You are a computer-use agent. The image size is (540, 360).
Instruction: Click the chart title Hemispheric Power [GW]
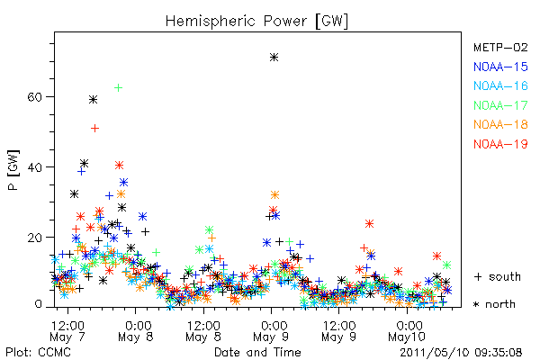[256, 21]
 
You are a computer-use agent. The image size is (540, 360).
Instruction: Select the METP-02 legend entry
[500, 47]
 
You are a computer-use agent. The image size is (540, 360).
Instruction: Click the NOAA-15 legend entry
[500, 67]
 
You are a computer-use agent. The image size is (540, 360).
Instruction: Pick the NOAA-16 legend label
[500, 85]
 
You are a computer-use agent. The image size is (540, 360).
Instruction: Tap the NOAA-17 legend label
[500, 105]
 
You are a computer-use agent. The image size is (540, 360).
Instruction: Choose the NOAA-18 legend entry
[500, 124]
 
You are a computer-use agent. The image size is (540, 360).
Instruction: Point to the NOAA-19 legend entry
[500, 144]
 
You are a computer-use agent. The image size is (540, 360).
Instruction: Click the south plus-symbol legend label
[498, 276]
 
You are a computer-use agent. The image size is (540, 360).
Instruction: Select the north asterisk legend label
[494, 304]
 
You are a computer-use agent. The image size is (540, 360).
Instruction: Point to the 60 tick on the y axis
[35, 97]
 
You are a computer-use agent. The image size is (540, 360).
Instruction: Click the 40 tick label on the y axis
[35, 167]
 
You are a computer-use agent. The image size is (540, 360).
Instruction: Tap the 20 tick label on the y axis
[35, 238]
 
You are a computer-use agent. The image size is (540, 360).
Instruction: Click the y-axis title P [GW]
[13, 170]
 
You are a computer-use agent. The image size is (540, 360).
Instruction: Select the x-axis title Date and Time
[257, 352]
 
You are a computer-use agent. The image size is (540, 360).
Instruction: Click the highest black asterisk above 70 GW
[274, 58]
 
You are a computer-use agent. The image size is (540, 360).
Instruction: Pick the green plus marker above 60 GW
[118, 88]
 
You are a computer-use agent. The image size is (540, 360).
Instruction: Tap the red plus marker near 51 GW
[95, 129]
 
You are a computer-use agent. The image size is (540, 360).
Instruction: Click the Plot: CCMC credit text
[38, 352]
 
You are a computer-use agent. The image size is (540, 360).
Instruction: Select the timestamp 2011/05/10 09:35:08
[461, 352]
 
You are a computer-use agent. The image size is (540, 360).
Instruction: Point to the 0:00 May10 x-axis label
[408, 331]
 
